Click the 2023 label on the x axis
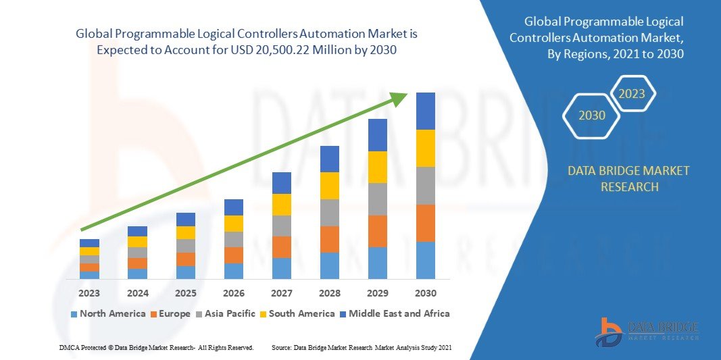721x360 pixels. click(89, 293)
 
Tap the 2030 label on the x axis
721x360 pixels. click(426, 293)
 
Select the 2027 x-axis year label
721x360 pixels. click(282, 293)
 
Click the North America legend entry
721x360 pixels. click(107, 313)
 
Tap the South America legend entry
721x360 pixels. click(298, 313)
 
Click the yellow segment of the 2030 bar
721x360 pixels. click(426, 148)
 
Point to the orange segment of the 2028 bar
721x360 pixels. click(330, 239)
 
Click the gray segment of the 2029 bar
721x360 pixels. click(378, 199)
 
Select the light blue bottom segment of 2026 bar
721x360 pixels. click(234, 271)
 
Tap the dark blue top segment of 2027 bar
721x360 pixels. click(282, 183)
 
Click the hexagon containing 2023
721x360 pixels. click(632, 94)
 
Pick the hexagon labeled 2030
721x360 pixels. click(592, 115)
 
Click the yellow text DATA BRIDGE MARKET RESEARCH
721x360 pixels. click(629, 179)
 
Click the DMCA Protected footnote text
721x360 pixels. click(155, 347)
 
